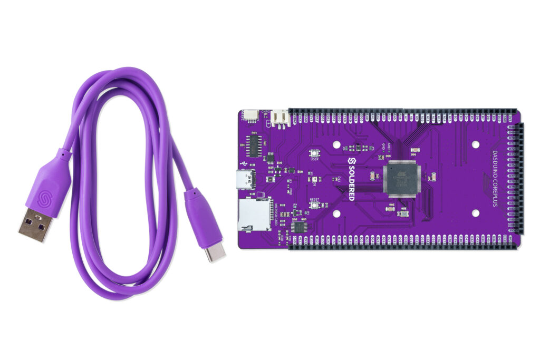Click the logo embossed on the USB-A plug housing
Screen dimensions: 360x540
point(44,197)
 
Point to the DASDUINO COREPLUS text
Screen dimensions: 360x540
point(495,179)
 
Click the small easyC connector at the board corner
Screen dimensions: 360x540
point(250,116)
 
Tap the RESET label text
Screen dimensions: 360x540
point(315,200)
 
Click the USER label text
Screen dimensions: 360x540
point(315,159)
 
